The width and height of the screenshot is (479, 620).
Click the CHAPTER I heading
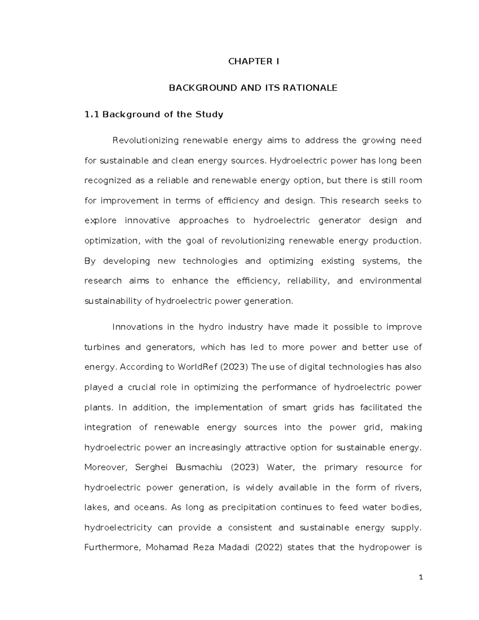point(253,61)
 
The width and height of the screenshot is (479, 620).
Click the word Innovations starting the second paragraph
point(138,327)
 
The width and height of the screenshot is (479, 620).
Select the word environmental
point(390,281)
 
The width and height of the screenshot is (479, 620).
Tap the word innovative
point(147,220)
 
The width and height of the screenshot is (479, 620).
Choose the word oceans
point(151,507)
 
